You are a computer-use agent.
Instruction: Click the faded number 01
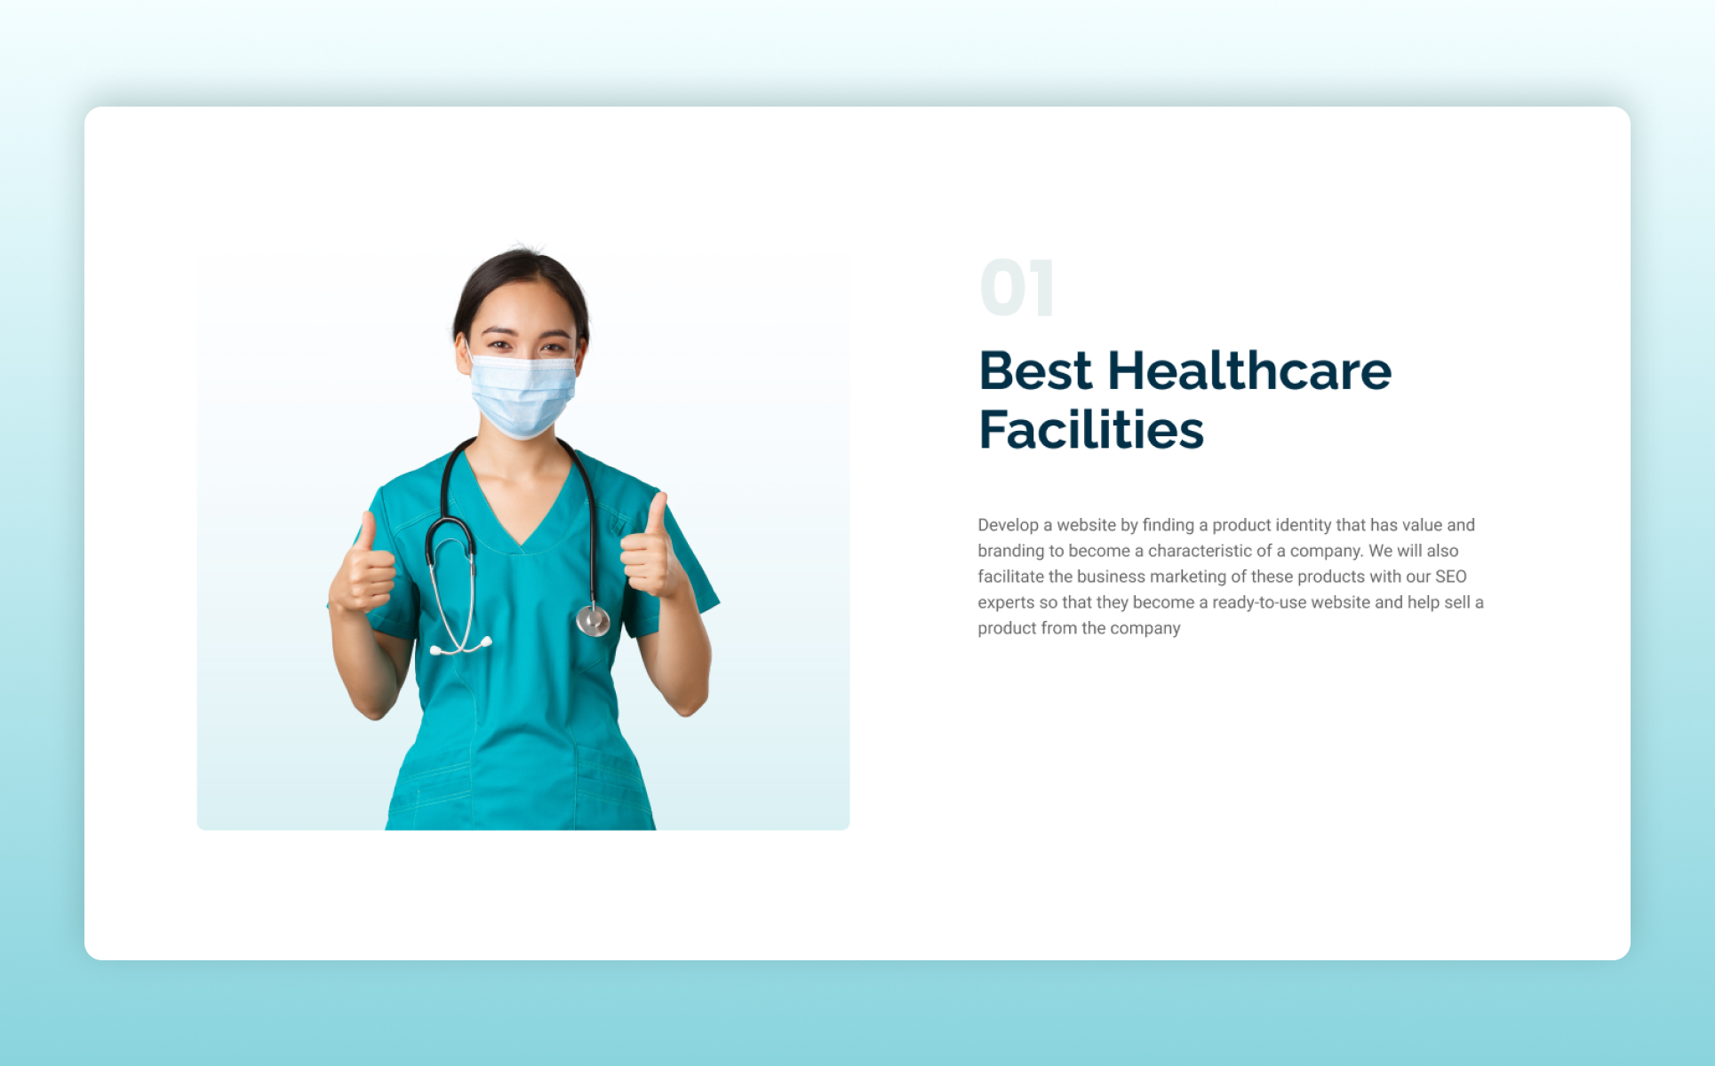tap(1017, 288)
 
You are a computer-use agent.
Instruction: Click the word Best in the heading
tap(1035, 370)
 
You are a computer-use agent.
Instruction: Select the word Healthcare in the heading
tap(1249, 370)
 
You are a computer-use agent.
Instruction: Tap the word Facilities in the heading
tap(1091, 430)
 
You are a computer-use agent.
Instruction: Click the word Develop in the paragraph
tap(1009, 526)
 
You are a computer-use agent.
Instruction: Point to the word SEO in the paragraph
tap(1451, 577)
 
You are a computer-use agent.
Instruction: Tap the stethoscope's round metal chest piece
tap(593, 619)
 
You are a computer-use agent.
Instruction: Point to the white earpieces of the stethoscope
tap(461, 646)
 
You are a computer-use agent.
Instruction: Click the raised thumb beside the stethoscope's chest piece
tap(656, 516)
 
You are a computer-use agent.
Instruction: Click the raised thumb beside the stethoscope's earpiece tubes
tap(367, 534)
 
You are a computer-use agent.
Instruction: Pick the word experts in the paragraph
tap(1007, 603)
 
